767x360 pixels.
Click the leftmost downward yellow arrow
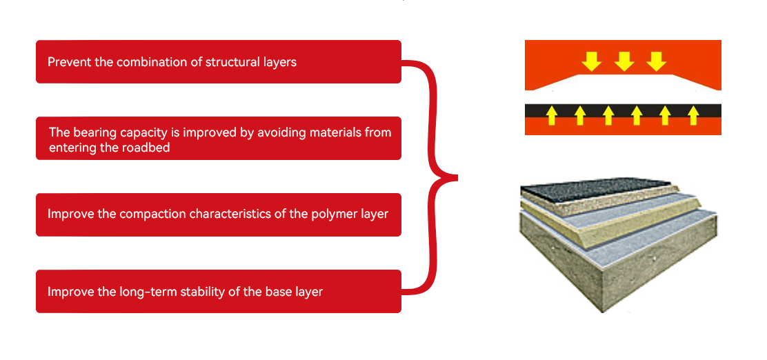pos(591,61)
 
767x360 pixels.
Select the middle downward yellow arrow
pos(624,61)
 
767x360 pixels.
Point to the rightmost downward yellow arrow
pos(656,61)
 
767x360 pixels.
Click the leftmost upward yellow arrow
pos(551,115)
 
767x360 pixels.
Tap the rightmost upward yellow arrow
pos(693,115)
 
